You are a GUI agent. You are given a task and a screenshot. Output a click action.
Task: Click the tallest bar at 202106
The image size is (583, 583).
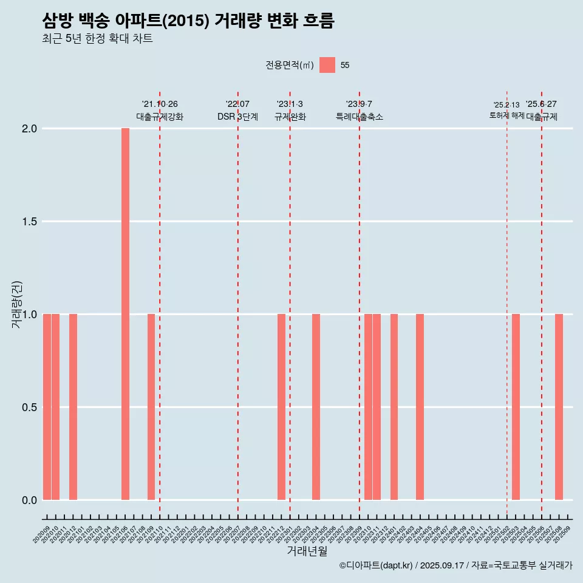pos(125,314)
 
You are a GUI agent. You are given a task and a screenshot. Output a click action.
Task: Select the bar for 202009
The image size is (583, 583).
pos(47,407)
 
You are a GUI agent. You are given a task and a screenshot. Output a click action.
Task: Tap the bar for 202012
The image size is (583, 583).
pos(73,407)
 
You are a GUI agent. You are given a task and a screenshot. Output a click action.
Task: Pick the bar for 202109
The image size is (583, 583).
pos(151,407)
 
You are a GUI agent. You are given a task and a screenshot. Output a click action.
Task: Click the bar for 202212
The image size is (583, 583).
pos(281,407)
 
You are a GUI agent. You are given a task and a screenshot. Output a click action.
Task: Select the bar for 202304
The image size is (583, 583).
pos(316,407)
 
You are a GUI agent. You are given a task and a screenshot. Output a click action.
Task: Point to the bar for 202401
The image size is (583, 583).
pos(394,407)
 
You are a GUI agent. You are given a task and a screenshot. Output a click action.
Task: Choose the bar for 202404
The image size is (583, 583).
pos(420,407)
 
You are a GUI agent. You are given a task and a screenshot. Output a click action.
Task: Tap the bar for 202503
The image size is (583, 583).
pos(516,407)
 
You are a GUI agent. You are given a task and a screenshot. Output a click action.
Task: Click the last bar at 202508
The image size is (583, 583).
pos(559,407)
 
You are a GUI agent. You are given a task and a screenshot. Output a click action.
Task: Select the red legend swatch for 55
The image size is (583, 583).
pos(327,65)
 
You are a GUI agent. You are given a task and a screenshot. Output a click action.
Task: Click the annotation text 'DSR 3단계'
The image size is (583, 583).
pos(237,117)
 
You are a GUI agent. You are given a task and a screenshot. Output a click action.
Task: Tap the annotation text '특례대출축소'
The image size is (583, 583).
pos(360,117)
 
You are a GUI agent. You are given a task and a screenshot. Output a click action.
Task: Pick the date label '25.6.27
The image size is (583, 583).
pos(541,104)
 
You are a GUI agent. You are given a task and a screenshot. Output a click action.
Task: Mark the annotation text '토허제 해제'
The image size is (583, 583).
pos(506,115)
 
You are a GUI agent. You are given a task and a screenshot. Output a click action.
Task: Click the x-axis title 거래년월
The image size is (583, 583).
pos(307,551)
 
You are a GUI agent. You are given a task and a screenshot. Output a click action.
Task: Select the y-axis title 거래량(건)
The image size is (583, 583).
pos(17,304)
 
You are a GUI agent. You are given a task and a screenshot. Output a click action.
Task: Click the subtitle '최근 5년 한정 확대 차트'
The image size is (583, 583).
pos(97,39)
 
